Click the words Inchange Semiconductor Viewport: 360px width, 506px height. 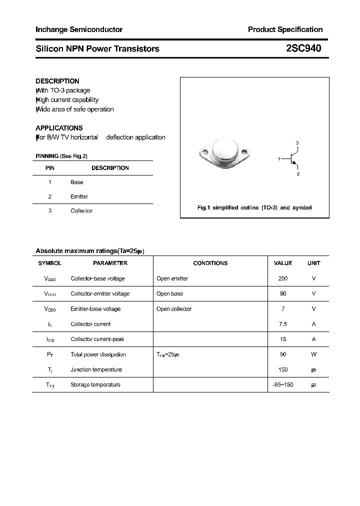click(x=79, y=29)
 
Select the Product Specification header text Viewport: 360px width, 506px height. click(x=285, y=29)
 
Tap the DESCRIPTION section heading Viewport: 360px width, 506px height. click(x=57, y=81)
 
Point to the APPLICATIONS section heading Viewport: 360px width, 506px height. click(x=59, y=128)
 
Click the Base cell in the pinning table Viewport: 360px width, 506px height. click(x=77, y=182)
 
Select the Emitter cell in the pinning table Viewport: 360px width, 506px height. click(x=79, y=196)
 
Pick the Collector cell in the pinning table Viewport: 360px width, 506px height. click(x=81, y=211)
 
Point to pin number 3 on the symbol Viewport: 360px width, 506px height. click(x=297, y=143)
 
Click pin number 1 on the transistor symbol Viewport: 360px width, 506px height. click(x=279, y=158)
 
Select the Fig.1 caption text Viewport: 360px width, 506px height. click(x=254, y=207)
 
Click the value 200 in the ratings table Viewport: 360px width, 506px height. click(x=283, y=278)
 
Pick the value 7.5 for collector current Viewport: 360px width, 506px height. click(x=283, y=324)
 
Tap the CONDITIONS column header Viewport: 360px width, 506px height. click(x=210, y=263)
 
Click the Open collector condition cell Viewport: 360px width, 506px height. click(x=174, y=309)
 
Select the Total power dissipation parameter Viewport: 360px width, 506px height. click(x=98, y=354)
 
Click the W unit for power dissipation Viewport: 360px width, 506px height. click(x=313, y=354)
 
